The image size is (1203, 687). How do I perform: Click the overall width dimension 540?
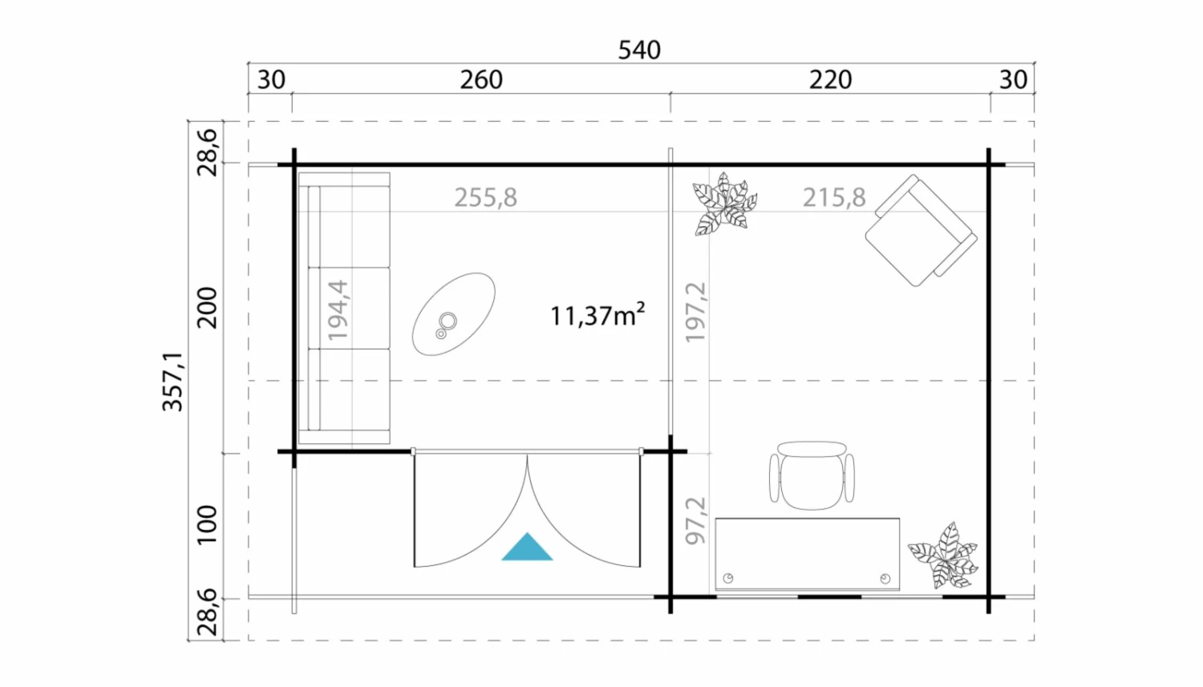pyautogui.click(x=639, y=50)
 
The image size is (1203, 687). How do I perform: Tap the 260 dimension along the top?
pyautogui.click(x=481, y=79)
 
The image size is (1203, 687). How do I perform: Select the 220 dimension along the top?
pyautogui.click(x=830, y=79)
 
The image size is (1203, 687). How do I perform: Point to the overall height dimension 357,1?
pyautogui.click(x=173, y=382)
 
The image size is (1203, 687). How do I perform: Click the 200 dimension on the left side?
pyautogui.click(x=207, y=308)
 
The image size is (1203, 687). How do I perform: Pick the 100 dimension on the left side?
pyautogui.click(x=207, y=525)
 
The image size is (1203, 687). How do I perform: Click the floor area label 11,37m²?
pyautogui.click(x=597, y=315)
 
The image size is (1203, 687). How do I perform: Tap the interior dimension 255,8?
pyautogui.click(x=486, y=197)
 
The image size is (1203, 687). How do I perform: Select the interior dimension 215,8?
pyautogui.click(x=834, y=197)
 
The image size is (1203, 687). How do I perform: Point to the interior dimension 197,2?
pyautogui.click(x=696, y=313)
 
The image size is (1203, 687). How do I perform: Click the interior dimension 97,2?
pyautogui.click(x=696, y=520)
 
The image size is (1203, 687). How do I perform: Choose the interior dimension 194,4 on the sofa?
pyautogui.click(x=338, y=310)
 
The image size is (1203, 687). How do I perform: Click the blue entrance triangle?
pyautogui.click(x=527, y=547)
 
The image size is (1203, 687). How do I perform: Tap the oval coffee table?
pyautogui.click(x=454, y=314)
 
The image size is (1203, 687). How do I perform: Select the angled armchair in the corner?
pyautogui.click(x=921, y=230)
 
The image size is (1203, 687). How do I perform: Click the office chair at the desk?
pyautogui.click(x=812, y=475)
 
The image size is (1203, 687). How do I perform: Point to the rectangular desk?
pyautogui.click(x=807, y=554)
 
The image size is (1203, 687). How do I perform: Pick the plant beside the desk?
pyautogui.click(x=944, y=556)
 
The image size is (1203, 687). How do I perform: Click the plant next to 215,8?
pyautogui.click(x=724, y=204)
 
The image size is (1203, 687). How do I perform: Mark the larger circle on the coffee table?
pyautogui.click(x=448, y=321)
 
